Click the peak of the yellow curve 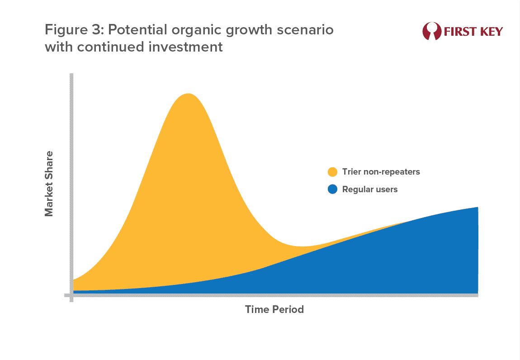(188, 94)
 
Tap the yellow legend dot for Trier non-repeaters (332, 172)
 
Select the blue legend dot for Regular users (332, 189)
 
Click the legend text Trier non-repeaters (381, 171)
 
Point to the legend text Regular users (370, 189)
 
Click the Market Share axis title (49, 184)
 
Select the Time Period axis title (274, 309)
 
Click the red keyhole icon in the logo (432, 31)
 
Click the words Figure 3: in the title (75, 30)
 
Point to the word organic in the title (197, 30)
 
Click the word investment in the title (185, 47)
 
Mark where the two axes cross (71, 295)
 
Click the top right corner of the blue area (478, 207)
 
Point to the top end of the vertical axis (71, 74)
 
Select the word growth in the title (250, 30)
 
